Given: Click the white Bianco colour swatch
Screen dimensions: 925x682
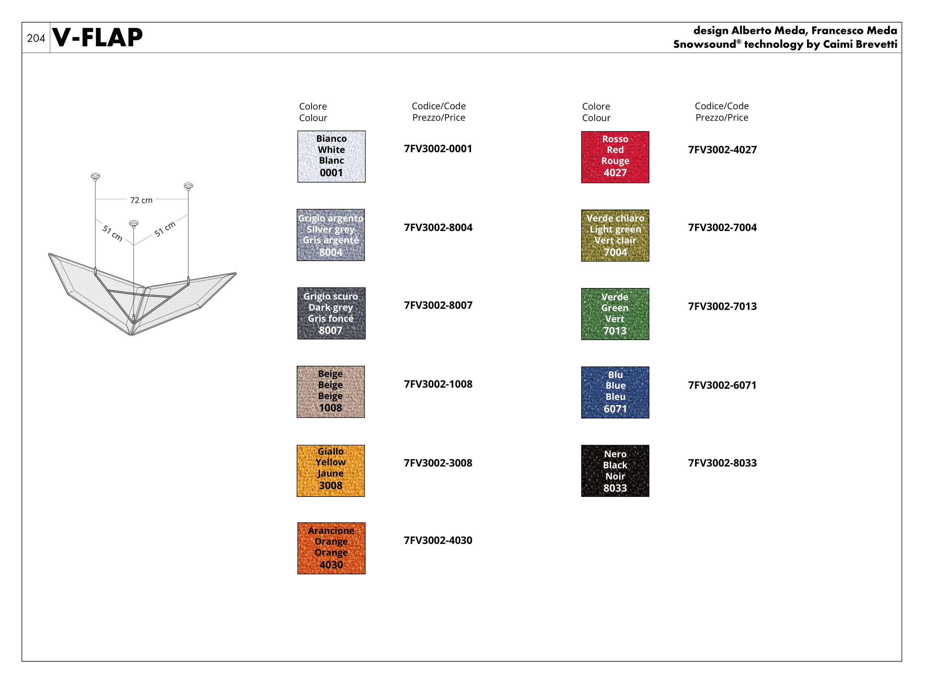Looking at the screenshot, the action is click(x=331, y=157).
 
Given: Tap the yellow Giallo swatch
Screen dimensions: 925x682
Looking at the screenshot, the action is click(x=330, y=471).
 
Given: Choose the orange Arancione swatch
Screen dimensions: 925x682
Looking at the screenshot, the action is click(x=331, y=548).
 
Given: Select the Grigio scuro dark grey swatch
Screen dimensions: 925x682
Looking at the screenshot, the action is click(x=331, y=313).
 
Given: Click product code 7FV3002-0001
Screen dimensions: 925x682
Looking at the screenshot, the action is click(x=438, y=148).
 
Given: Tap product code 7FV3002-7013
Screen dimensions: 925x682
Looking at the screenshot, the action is click(x=722, y=306).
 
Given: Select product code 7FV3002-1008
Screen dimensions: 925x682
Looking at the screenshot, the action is click(x=438, y=384).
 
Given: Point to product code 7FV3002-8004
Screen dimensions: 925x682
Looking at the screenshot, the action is click(x=438, y=227).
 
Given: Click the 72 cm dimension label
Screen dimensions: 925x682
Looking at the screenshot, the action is click(x=141, y=200).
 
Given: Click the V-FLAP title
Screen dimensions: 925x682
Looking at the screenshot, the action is click(x=97, y=37).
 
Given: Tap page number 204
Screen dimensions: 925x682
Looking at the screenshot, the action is click(x=36, y=39).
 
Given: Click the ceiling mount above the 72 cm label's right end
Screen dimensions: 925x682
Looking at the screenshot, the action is click(x=188, y=186).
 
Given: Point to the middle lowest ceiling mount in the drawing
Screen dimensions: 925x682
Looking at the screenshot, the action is click(x=133, y=224).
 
